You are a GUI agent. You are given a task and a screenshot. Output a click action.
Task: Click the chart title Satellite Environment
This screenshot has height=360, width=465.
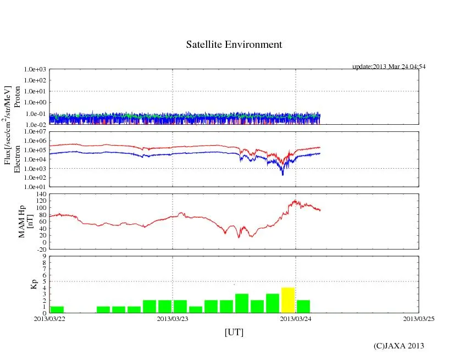pyautogui.click(x=234, y=45)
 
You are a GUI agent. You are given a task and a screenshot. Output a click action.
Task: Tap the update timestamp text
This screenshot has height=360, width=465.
pyautogui.click(x=389, y=67)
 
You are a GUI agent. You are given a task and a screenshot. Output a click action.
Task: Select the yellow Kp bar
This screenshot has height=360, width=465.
pyautogui.click(x=287, y=300)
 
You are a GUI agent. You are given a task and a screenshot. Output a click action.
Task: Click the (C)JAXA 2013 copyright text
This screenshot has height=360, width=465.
pyautogui.click(x=398, y=346)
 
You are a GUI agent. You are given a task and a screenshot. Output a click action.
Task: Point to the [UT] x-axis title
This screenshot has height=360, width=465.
pyautogui.click(x=234, y=332)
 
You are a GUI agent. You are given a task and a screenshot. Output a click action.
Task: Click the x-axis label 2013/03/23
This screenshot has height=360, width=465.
pyautogui.click(x=173, y=318)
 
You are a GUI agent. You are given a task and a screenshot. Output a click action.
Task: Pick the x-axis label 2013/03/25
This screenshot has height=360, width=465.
pyautogui.click(x=419, y=318)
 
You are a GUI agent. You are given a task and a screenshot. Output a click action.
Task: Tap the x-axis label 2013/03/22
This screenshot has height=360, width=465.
pyautogui.click(x=49, y=318)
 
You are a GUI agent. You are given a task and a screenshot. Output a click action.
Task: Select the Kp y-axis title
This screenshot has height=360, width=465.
pyautogui.click(x=34, y=284)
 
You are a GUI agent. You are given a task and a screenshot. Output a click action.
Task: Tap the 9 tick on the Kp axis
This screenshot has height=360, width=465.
pyautogui.click(x=44, y=256)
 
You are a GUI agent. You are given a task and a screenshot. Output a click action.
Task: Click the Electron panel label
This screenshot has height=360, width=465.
pyautogui.click(x=17, y=159)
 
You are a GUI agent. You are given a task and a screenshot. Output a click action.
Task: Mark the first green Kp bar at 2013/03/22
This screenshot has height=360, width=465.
pyautogui.click(x=57, y=309)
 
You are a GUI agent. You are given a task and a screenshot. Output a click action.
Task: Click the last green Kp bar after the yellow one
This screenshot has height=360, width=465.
pyautogui.click(x=303, y=307)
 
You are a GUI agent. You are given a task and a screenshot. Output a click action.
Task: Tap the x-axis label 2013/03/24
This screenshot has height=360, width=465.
pyautogui.click(x=296, y=318)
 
